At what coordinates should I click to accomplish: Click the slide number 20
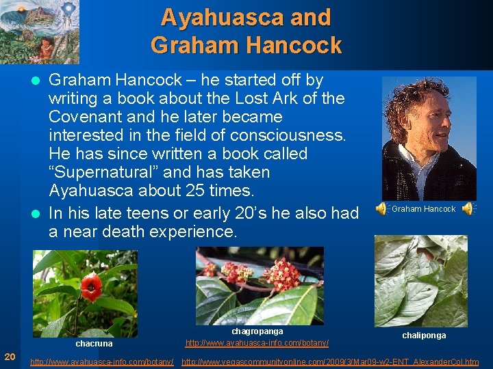click(10, 356)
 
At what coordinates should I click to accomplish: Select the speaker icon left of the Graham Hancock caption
click(381, 209)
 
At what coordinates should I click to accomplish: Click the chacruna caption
click(94, 343)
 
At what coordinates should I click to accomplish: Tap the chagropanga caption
click(257, 331)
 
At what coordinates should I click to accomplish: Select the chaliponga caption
click(423, 336)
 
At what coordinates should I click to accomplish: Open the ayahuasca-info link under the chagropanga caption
click(257, 342)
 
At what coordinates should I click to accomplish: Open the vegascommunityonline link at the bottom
click(330, 361)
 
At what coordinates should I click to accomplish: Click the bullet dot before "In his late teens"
click(38, 214)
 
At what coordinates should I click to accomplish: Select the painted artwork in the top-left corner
click(39, 31)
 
